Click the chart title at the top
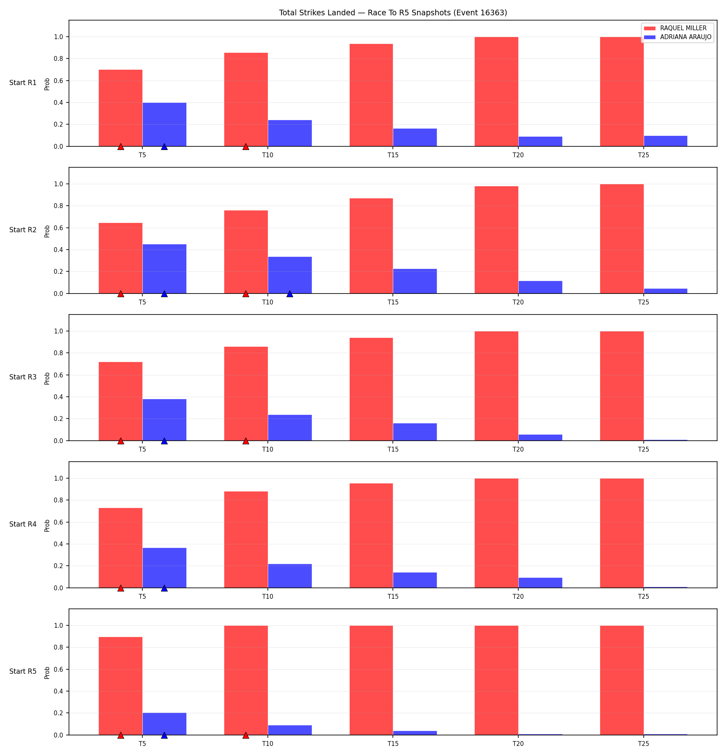click(x=393, y=12)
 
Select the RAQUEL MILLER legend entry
click(x=678, y=28)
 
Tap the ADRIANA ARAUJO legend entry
click(x=678, y=37)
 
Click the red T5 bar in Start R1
click(x=121, y=108)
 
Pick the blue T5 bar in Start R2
click(x=165, y=269)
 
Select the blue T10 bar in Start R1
click(x=290, y=133)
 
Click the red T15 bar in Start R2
click(x=371, y=246)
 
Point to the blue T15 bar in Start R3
click(x=415, y=432)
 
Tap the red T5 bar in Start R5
click(x=121, y=686)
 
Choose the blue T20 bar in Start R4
click(x=540, y=583)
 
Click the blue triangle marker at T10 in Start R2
click(x=290, y=294)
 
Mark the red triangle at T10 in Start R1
click(x=246, y=146)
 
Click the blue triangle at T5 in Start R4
click(x=164, y=588)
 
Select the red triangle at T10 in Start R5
click(x=246, y=735)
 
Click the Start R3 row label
click(x=23, y=377)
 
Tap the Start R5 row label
click(x=23, y=671)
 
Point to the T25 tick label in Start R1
click(x=644, y=155)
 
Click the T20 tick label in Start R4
click(x=518, y=596)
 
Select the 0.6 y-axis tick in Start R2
click(x=59, y=228)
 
